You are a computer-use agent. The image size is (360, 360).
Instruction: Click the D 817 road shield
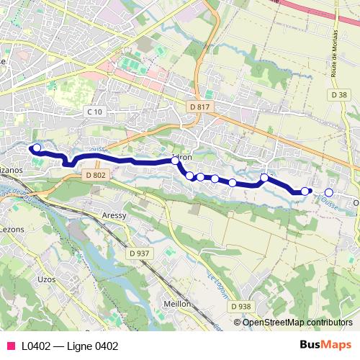click(x=202, y=107)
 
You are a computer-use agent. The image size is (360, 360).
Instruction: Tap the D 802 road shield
click(x=95, y=175)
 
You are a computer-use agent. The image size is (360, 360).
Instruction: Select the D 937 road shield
click(x=140, y=253)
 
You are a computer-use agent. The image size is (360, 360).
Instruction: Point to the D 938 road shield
click(x=241, y=306)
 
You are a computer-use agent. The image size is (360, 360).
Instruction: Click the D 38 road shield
click(x=340, y=94)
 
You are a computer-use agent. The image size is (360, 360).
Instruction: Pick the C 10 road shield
click(x=94, y=111)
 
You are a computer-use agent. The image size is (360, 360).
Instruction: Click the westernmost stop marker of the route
click(x=37, y=148)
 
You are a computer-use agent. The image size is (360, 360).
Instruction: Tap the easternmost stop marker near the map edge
click(x=329, y=192)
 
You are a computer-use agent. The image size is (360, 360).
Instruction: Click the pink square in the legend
click(x=10, y=346)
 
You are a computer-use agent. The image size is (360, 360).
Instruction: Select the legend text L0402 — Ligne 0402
click(x=69, y=346)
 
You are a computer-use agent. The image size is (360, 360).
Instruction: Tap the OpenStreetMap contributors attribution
click(x=297, y=322)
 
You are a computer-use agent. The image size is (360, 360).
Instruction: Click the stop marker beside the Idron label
click(x=175, y=161)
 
